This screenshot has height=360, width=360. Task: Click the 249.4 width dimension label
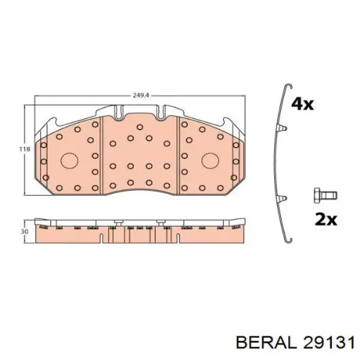coord(141,95)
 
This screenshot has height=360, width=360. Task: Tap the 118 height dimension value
coord(25,149)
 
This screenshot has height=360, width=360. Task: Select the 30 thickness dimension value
coord(25,232)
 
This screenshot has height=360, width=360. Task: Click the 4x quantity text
coord(302,104)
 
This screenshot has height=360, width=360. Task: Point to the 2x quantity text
coord(326,220)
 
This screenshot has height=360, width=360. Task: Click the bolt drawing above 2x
coord(325,196)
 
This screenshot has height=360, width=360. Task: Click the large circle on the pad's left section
coord(70,160)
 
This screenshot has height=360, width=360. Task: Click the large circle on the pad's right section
coord(211,160)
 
